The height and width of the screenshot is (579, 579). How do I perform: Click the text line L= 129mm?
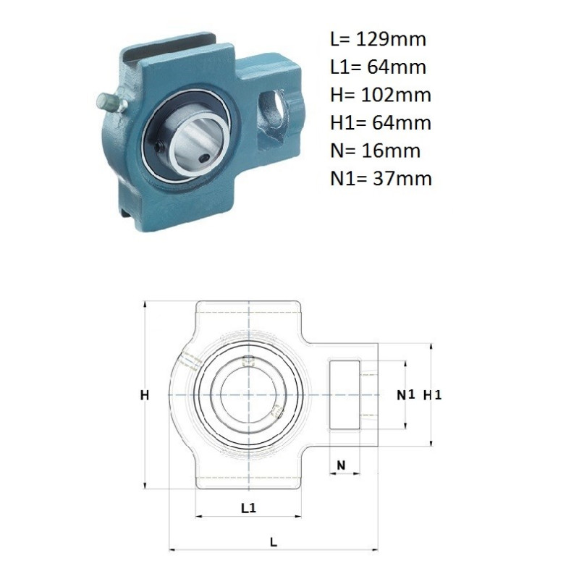(378, 39)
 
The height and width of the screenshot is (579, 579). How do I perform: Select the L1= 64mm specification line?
(378, 67)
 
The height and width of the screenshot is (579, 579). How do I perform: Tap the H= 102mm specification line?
(381, 95)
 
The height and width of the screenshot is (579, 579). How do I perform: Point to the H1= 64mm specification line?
(381, 122)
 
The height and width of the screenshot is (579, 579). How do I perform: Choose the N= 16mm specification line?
(376, 151)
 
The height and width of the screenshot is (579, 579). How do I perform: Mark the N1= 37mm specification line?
(381, 178)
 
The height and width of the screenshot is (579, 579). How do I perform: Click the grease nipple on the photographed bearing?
(111, 102)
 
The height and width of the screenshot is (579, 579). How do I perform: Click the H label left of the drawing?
(144, 395)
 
